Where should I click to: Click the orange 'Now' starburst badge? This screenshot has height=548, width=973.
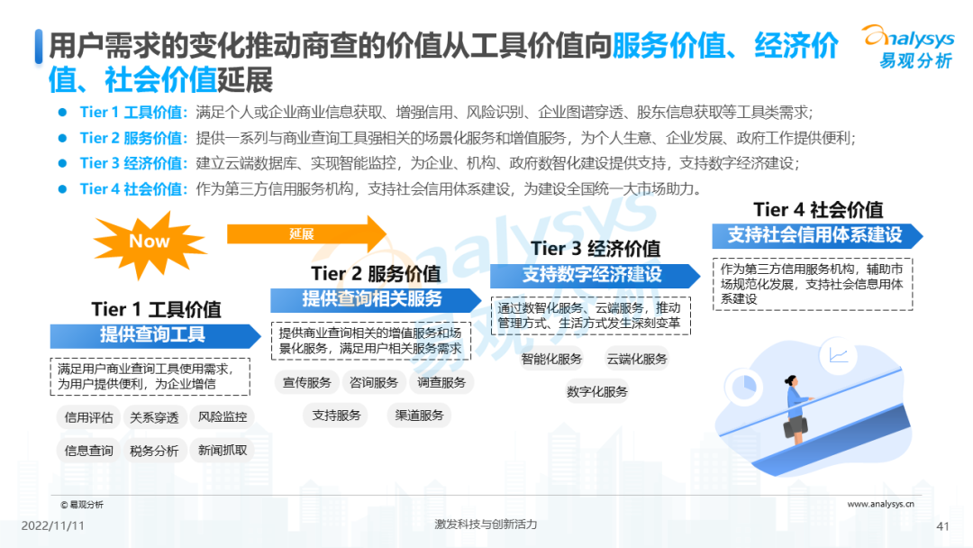coord(149,241)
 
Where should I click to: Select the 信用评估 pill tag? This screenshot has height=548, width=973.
coord(89,417)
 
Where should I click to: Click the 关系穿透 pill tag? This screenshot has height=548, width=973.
coord(155,417)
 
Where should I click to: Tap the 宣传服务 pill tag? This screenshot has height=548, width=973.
coord(307,382)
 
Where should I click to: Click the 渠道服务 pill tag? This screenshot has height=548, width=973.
coord(420,416)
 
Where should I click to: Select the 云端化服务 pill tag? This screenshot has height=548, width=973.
coord(637,359)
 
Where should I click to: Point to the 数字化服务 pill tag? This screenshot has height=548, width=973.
coord(597,392)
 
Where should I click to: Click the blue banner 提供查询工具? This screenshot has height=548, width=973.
coord(153,335)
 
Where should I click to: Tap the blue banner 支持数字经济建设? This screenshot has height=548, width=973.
coord(593,275)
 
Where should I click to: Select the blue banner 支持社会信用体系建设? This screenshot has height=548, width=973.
coord(815,235)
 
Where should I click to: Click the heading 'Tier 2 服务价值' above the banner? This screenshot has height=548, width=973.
coord(376,273)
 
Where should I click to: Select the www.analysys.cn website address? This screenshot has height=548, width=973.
coord(880,505)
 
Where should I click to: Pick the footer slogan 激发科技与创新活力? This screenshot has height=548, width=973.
coord(486,525)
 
